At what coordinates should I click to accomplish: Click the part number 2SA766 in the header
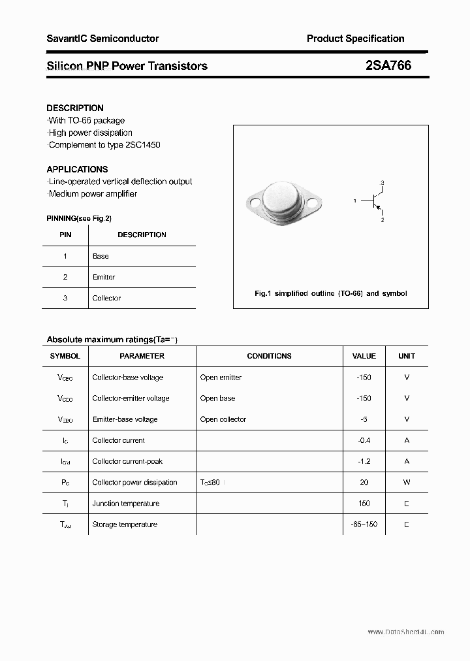coord(388,65)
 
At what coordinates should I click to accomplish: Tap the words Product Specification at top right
coord(355,39)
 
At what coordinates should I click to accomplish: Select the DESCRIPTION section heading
coord(75,108)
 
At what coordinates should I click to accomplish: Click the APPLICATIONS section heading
coord(77,169)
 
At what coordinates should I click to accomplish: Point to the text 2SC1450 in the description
coord(142,144)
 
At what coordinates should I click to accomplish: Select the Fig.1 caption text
coord(330,293)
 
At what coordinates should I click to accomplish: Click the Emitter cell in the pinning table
coord(104,277)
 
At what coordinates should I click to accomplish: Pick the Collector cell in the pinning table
coord(106,298)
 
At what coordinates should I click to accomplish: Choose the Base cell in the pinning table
coord(101,256)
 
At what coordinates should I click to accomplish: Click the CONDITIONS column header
coord(269,356)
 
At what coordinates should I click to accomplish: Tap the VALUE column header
coord(364,356)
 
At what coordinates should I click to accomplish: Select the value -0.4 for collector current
coord(364,440)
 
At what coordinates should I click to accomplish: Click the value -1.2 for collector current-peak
coord(364,461)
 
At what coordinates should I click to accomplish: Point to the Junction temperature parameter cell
coord(125,503)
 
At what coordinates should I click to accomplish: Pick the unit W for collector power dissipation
coord(406,482)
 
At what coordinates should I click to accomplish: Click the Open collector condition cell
coord(223,419)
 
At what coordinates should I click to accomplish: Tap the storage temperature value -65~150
coord(364,524)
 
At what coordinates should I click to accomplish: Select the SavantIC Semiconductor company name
coord(102,39)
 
